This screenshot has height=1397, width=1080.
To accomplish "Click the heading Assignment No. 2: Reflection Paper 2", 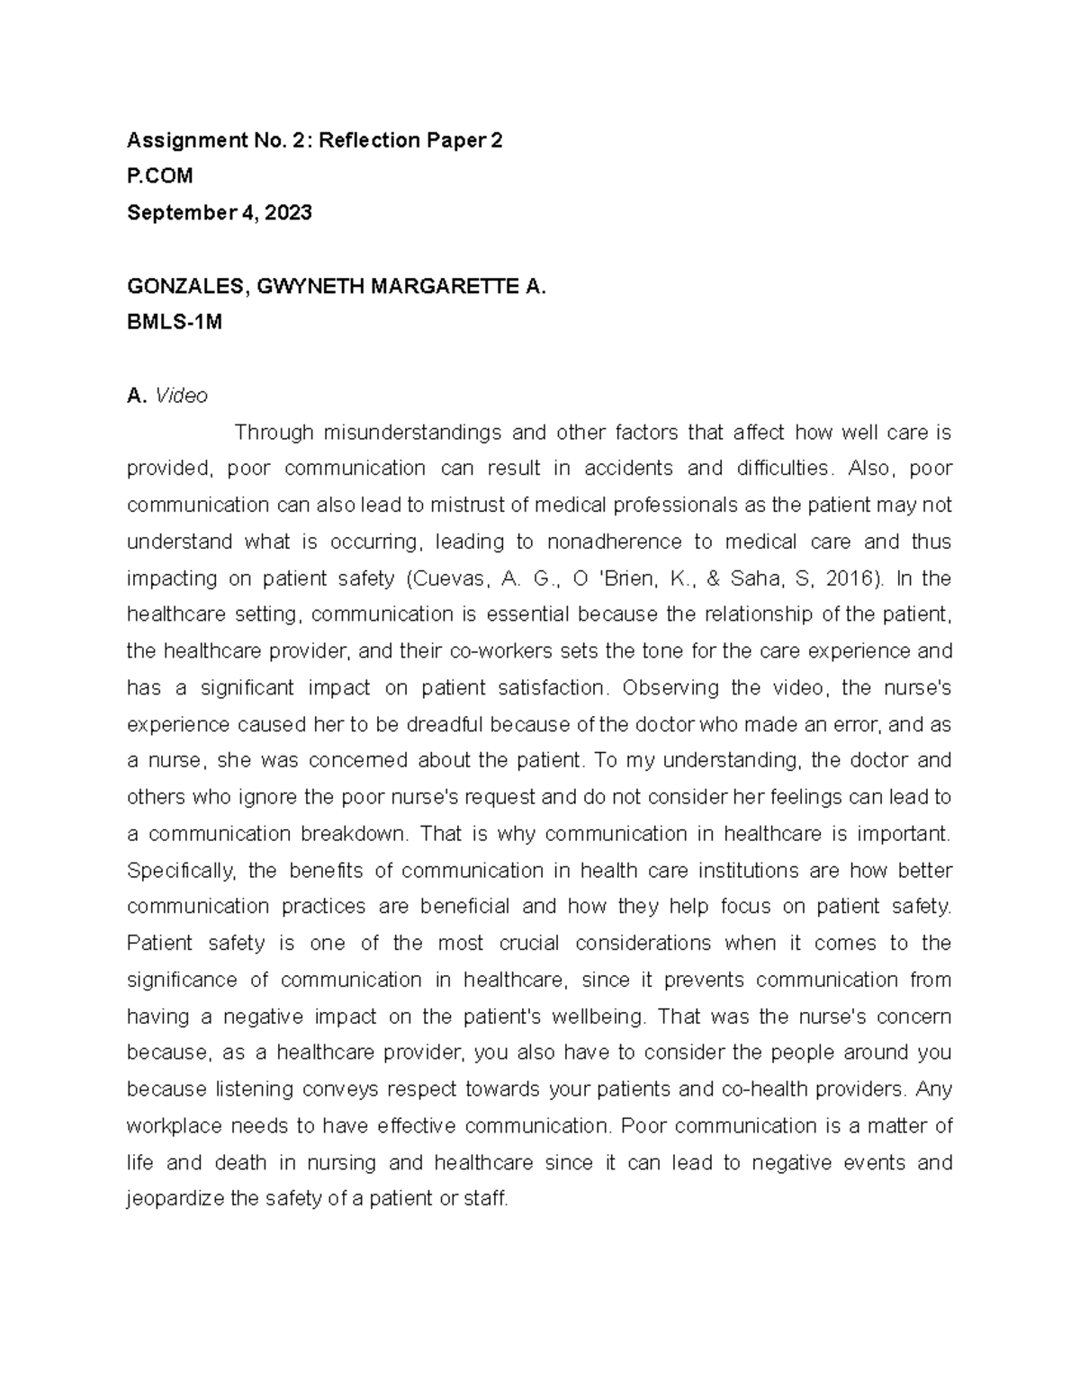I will click(314, 140).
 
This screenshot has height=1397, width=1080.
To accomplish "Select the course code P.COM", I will click(160, 176).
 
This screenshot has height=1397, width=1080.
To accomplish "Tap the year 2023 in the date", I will click(291, 213).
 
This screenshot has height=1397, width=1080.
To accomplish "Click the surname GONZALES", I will click(185, 287).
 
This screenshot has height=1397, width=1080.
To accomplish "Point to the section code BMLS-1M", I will click(174, 323).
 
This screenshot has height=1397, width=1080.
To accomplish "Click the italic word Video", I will click(182, 396).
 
